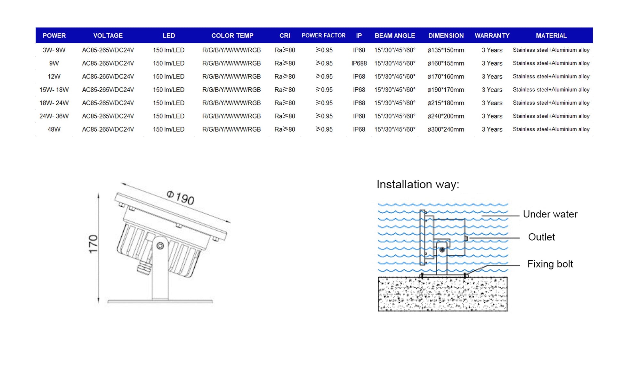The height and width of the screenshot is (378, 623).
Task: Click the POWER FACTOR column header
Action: (323, 36)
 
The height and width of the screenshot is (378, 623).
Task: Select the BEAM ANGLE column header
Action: (395, 36)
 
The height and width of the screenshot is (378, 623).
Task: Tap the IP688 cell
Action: (359, 63)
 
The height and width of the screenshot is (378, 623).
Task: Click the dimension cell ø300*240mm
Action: (446, 129)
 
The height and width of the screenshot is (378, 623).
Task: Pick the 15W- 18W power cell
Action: (54, 90)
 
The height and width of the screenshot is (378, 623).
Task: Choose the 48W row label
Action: (54, 129)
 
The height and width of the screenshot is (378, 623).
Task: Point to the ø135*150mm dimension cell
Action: (446, 50)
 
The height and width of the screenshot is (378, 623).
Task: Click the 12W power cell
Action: (54, 77)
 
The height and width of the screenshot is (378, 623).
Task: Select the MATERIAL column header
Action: (551, 36)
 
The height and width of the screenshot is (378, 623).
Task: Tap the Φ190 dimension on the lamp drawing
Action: (181, 198)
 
